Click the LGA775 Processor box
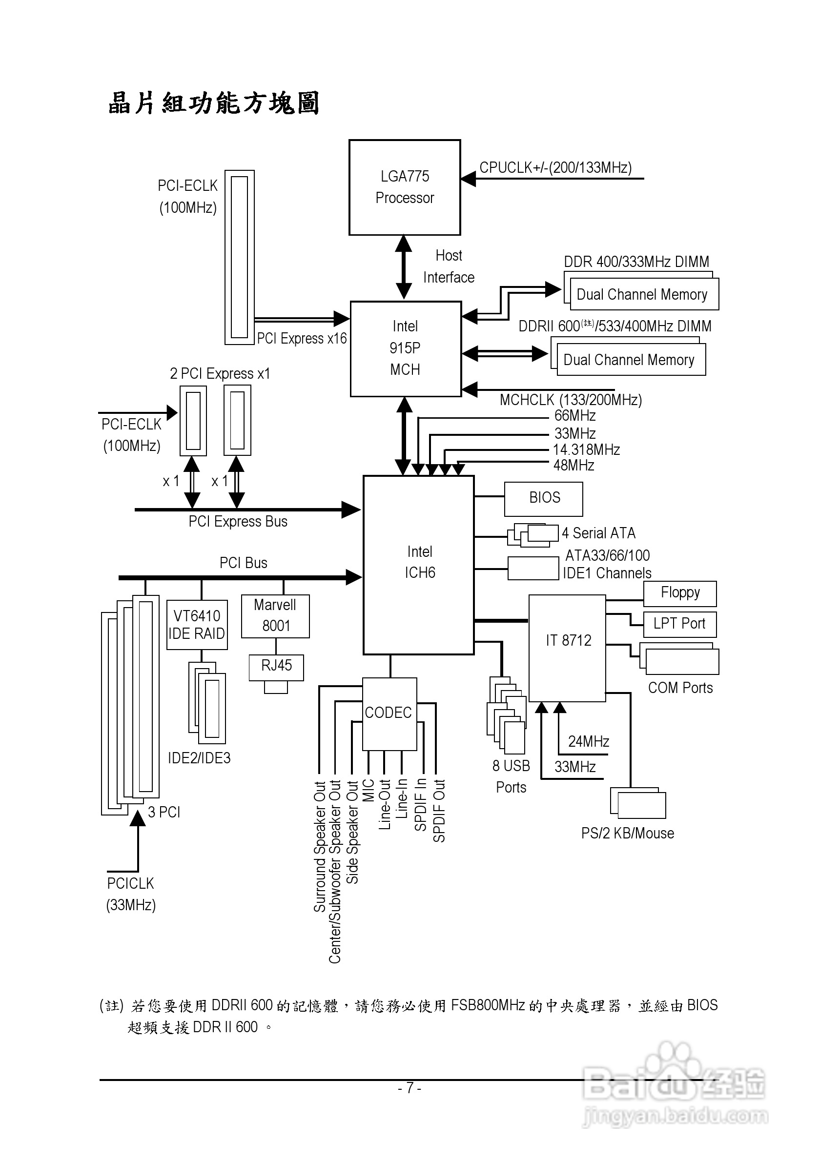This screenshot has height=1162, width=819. click(405, 187)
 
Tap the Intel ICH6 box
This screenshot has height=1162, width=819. click(419, 564)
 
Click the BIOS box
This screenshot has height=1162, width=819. click(544, 498)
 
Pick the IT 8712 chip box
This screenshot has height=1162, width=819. click(568, 647)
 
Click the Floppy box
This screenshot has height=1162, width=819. click(680, 593)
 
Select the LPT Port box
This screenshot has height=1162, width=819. click(680, 624)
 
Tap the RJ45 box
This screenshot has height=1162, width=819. click(276, 667)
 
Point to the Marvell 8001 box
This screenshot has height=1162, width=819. click(275, 616)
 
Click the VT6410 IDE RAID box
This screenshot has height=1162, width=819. click(197, 625)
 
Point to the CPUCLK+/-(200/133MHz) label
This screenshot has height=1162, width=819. click(555, 167)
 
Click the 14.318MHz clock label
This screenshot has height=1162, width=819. click(586, 449)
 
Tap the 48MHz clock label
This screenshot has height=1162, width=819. click(573, 465)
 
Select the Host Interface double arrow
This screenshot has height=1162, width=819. click(404, 267)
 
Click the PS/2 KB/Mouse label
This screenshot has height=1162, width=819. click(627, 834)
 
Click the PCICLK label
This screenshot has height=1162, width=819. click(130, 884)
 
